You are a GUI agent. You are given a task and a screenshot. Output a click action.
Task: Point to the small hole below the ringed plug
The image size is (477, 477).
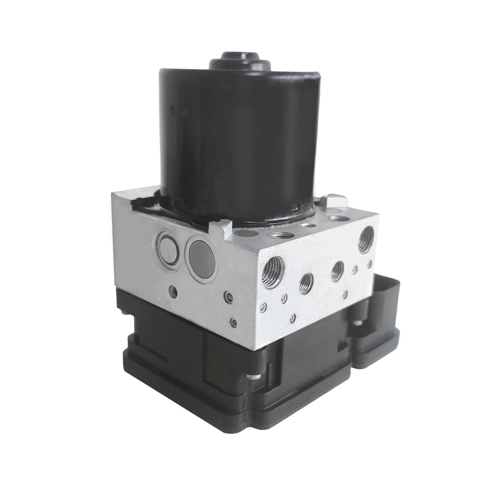[x=173, y=292]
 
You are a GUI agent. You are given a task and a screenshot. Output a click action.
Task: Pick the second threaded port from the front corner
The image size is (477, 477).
[x=306, y=283]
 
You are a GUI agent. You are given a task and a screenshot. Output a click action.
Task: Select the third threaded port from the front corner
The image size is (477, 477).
[x=337, y=271]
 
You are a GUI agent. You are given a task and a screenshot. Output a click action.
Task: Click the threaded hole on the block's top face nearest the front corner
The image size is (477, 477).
[x=281, y=235]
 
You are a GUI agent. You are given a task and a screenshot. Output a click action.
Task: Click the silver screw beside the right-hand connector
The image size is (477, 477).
[x=358, y=322]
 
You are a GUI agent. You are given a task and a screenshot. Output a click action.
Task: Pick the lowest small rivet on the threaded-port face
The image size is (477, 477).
[x=292, y=319]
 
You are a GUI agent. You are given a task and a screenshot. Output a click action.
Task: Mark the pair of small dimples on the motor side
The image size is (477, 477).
[x=178, y=111]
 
